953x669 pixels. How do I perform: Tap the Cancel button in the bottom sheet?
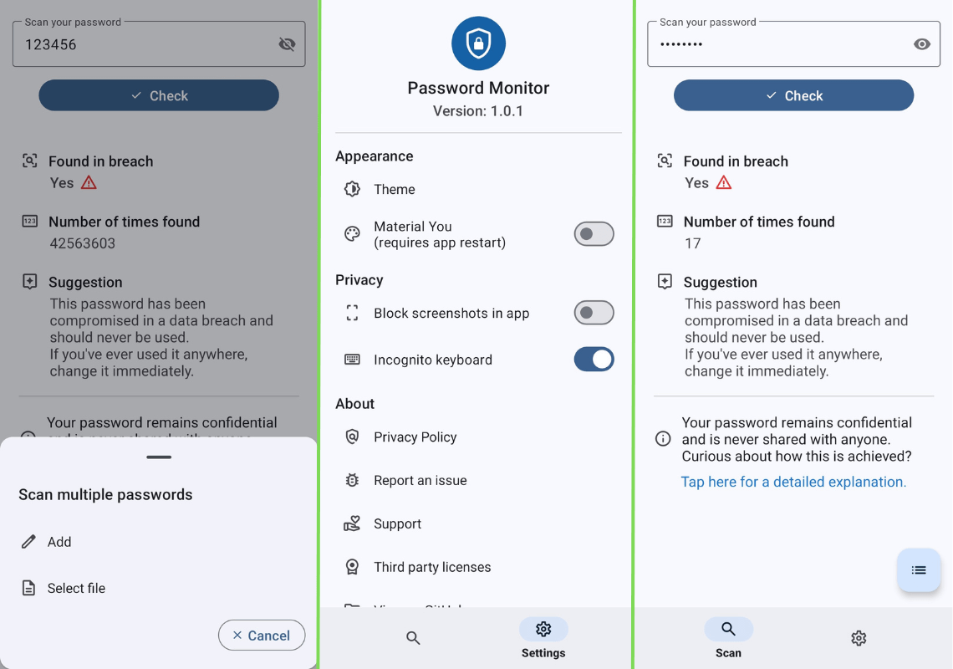262,636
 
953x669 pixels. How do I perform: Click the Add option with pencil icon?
59,542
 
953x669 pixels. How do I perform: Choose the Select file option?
75,589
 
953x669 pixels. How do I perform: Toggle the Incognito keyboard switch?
594,360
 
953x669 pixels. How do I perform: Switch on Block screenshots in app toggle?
594,313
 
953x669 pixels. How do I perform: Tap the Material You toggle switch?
594,234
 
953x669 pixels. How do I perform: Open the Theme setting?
394,190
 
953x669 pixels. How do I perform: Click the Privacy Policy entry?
415,437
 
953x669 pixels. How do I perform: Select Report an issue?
420,481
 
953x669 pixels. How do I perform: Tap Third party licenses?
431,567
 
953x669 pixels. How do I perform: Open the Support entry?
397,524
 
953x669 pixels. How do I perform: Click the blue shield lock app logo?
478,43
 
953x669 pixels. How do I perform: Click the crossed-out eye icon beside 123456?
287,44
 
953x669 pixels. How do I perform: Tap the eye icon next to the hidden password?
921,44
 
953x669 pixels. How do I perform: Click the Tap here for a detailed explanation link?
793,482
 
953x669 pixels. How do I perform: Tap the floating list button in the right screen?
919,570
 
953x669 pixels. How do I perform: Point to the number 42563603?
83,243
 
